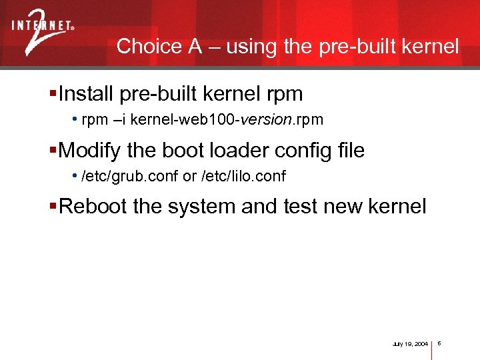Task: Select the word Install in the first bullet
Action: tap(87, 93)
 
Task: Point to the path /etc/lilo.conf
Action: tap(243, 177)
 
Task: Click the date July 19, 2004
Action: tap(411, 344)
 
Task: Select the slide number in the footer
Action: tap(441, 343)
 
